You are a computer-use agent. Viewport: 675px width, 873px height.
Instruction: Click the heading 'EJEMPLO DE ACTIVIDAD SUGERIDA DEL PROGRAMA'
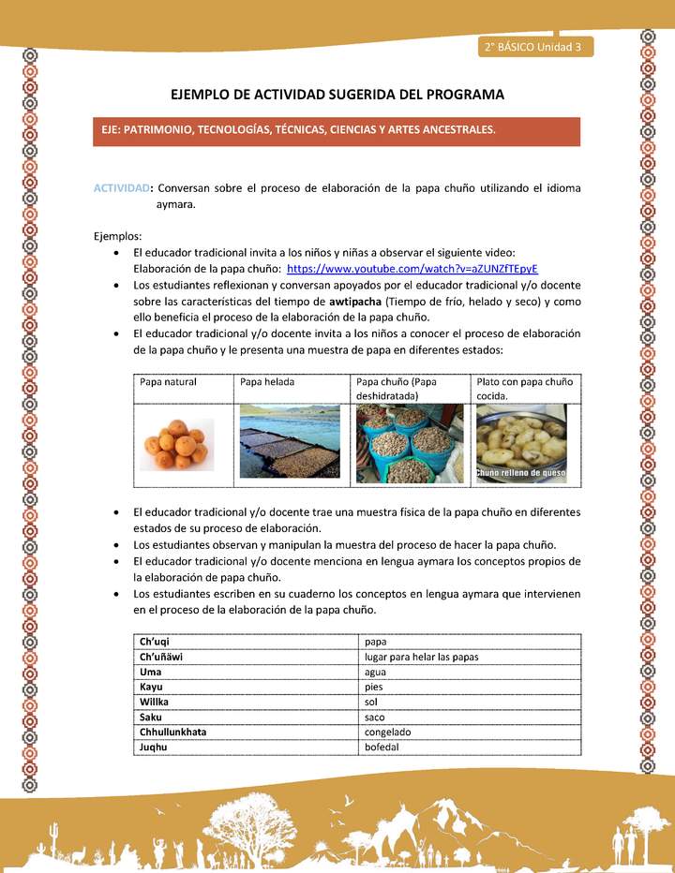tap(337, 95)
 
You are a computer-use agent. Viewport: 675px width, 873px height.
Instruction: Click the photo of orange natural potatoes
tap(177, 444)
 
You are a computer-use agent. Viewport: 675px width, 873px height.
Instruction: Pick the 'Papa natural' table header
tap(168, 382)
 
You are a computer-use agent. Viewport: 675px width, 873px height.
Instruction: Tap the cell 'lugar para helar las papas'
tap(421, 657)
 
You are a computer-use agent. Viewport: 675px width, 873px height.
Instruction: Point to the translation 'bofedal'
tap(382, 747)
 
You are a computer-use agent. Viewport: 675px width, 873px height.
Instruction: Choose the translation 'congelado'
tap(387, 732)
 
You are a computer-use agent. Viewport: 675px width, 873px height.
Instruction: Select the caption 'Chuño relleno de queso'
tap(520, 474)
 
